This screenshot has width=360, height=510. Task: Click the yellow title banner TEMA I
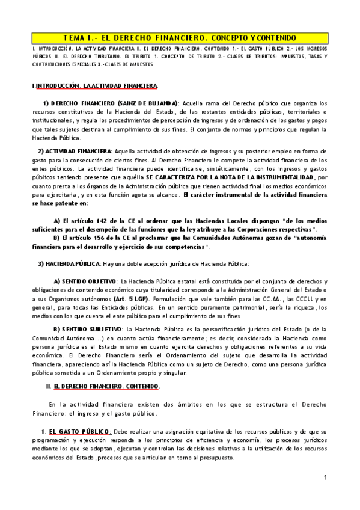180,37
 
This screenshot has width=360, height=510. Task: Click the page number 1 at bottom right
325,478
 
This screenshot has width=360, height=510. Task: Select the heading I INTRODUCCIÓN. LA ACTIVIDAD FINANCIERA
95,86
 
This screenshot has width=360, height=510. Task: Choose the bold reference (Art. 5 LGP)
132,298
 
